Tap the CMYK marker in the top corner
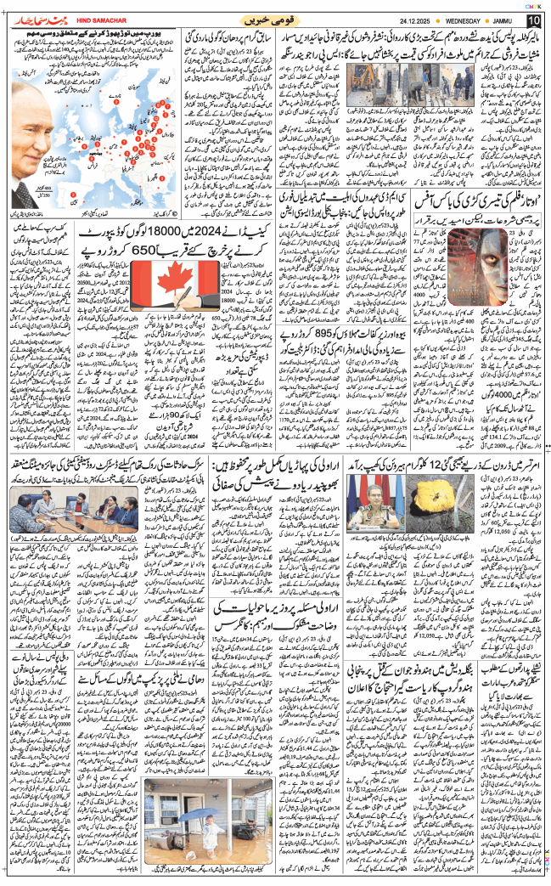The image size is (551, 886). point(533,4)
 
